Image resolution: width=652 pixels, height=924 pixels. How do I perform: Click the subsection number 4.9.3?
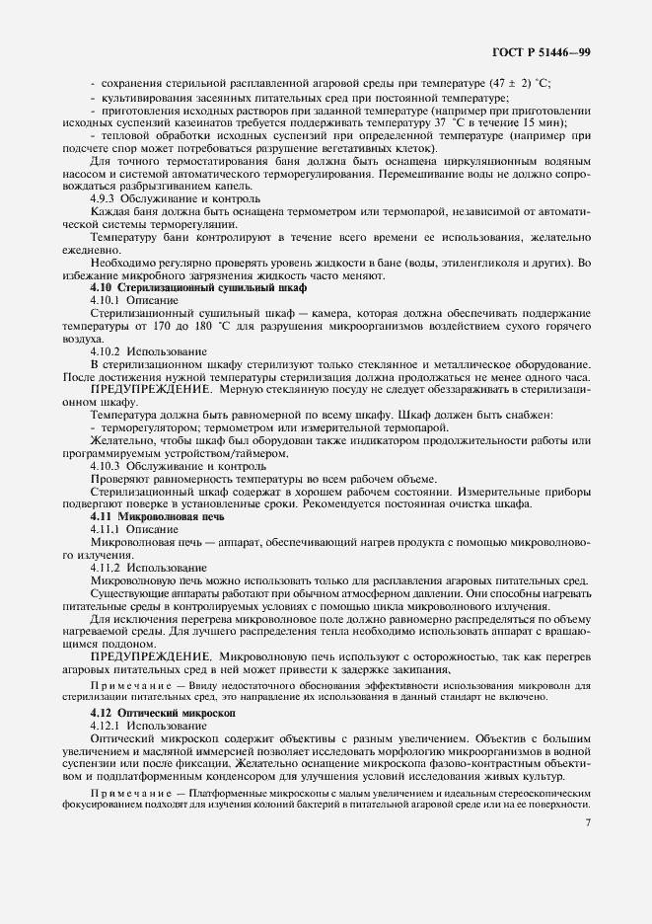[104, 198]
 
